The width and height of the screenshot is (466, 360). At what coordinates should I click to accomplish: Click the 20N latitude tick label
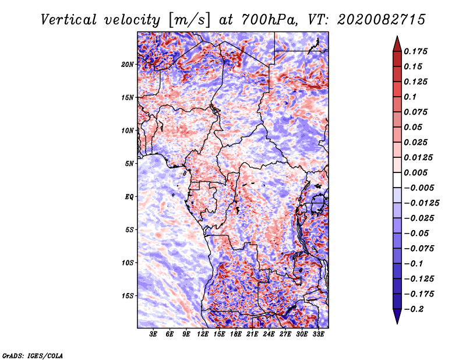click(128, 64)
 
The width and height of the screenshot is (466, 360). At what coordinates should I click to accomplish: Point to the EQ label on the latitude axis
click(129, 196)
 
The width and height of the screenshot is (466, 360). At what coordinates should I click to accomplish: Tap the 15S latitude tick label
click(128, 295)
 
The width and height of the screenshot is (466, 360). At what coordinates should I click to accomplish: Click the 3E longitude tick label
click(153, 334)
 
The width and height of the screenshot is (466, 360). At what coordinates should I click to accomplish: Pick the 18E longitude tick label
click(236, 334)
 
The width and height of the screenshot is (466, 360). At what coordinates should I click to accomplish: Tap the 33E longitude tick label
click(319, 334)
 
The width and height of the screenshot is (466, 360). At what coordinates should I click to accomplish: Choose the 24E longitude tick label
click(269, 334)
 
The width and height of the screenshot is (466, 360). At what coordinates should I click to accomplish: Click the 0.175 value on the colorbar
click(418, 51)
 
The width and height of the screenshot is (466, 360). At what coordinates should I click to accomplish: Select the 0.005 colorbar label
click(418, 173)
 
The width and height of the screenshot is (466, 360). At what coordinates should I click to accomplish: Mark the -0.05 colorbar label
click(419, 234)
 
